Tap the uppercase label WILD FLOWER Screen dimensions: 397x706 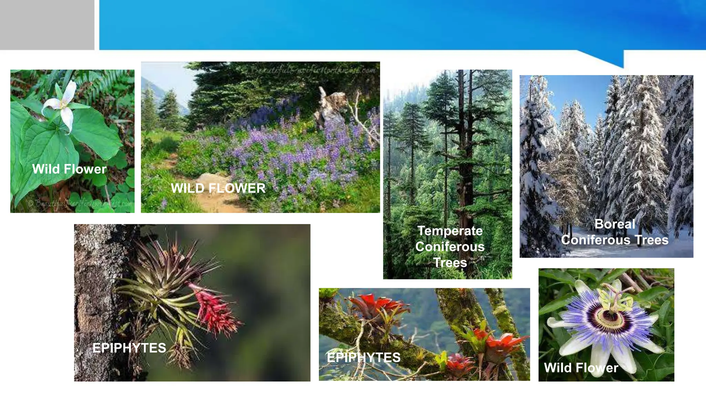tap(218, 188)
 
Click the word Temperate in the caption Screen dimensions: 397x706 tap(450, 231)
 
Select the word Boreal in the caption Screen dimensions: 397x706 tap(615, 224)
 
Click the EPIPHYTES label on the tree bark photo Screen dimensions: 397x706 tap(129, 348)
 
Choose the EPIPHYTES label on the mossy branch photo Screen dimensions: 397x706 tap(364, 358)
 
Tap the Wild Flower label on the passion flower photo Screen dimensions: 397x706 tap(581, 368)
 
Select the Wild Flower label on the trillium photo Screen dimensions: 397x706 tap(69, 169)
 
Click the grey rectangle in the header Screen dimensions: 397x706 tap(47, 25)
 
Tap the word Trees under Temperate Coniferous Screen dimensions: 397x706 tap(450, 263)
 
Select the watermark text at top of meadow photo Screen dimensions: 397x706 tap(312, 70)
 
